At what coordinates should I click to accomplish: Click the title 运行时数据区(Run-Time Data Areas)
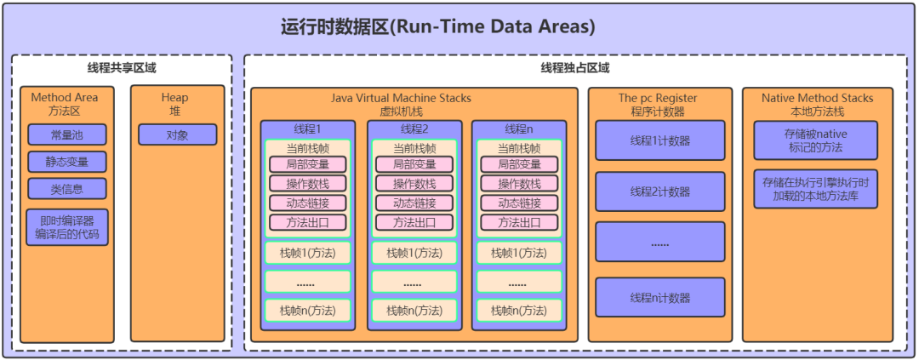point(437,27)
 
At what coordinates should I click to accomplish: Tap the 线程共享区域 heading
point(122,68)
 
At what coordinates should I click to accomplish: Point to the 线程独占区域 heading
point(574,68)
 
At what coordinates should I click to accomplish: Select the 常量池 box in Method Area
point(66,134)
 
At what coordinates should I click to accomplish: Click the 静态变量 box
point(66,162)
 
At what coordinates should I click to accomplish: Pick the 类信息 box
point(66,189)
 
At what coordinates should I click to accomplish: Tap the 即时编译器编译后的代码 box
point(66,227)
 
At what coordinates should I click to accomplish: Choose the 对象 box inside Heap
point(177,134)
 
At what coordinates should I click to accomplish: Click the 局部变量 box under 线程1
point(307,164)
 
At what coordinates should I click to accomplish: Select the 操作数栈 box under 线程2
point(413,184)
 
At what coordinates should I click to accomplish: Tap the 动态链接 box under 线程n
point(518,203)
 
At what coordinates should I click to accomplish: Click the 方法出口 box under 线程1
point(307,223)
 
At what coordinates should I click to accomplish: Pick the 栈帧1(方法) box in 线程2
point(413,253)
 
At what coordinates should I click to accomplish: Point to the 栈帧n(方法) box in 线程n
point(518,311)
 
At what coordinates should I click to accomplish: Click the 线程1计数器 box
point(660,140)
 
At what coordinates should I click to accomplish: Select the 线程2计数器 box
point(660,191)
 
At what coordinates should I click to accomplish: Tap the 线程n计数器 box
point(660,298)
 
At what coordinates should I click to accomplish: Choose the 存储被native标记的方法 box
point(815,140)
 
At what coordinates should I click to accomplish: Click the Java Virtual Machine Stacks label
point(413,98)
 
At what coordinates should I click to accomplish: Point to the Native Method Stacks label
point(817,98)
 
